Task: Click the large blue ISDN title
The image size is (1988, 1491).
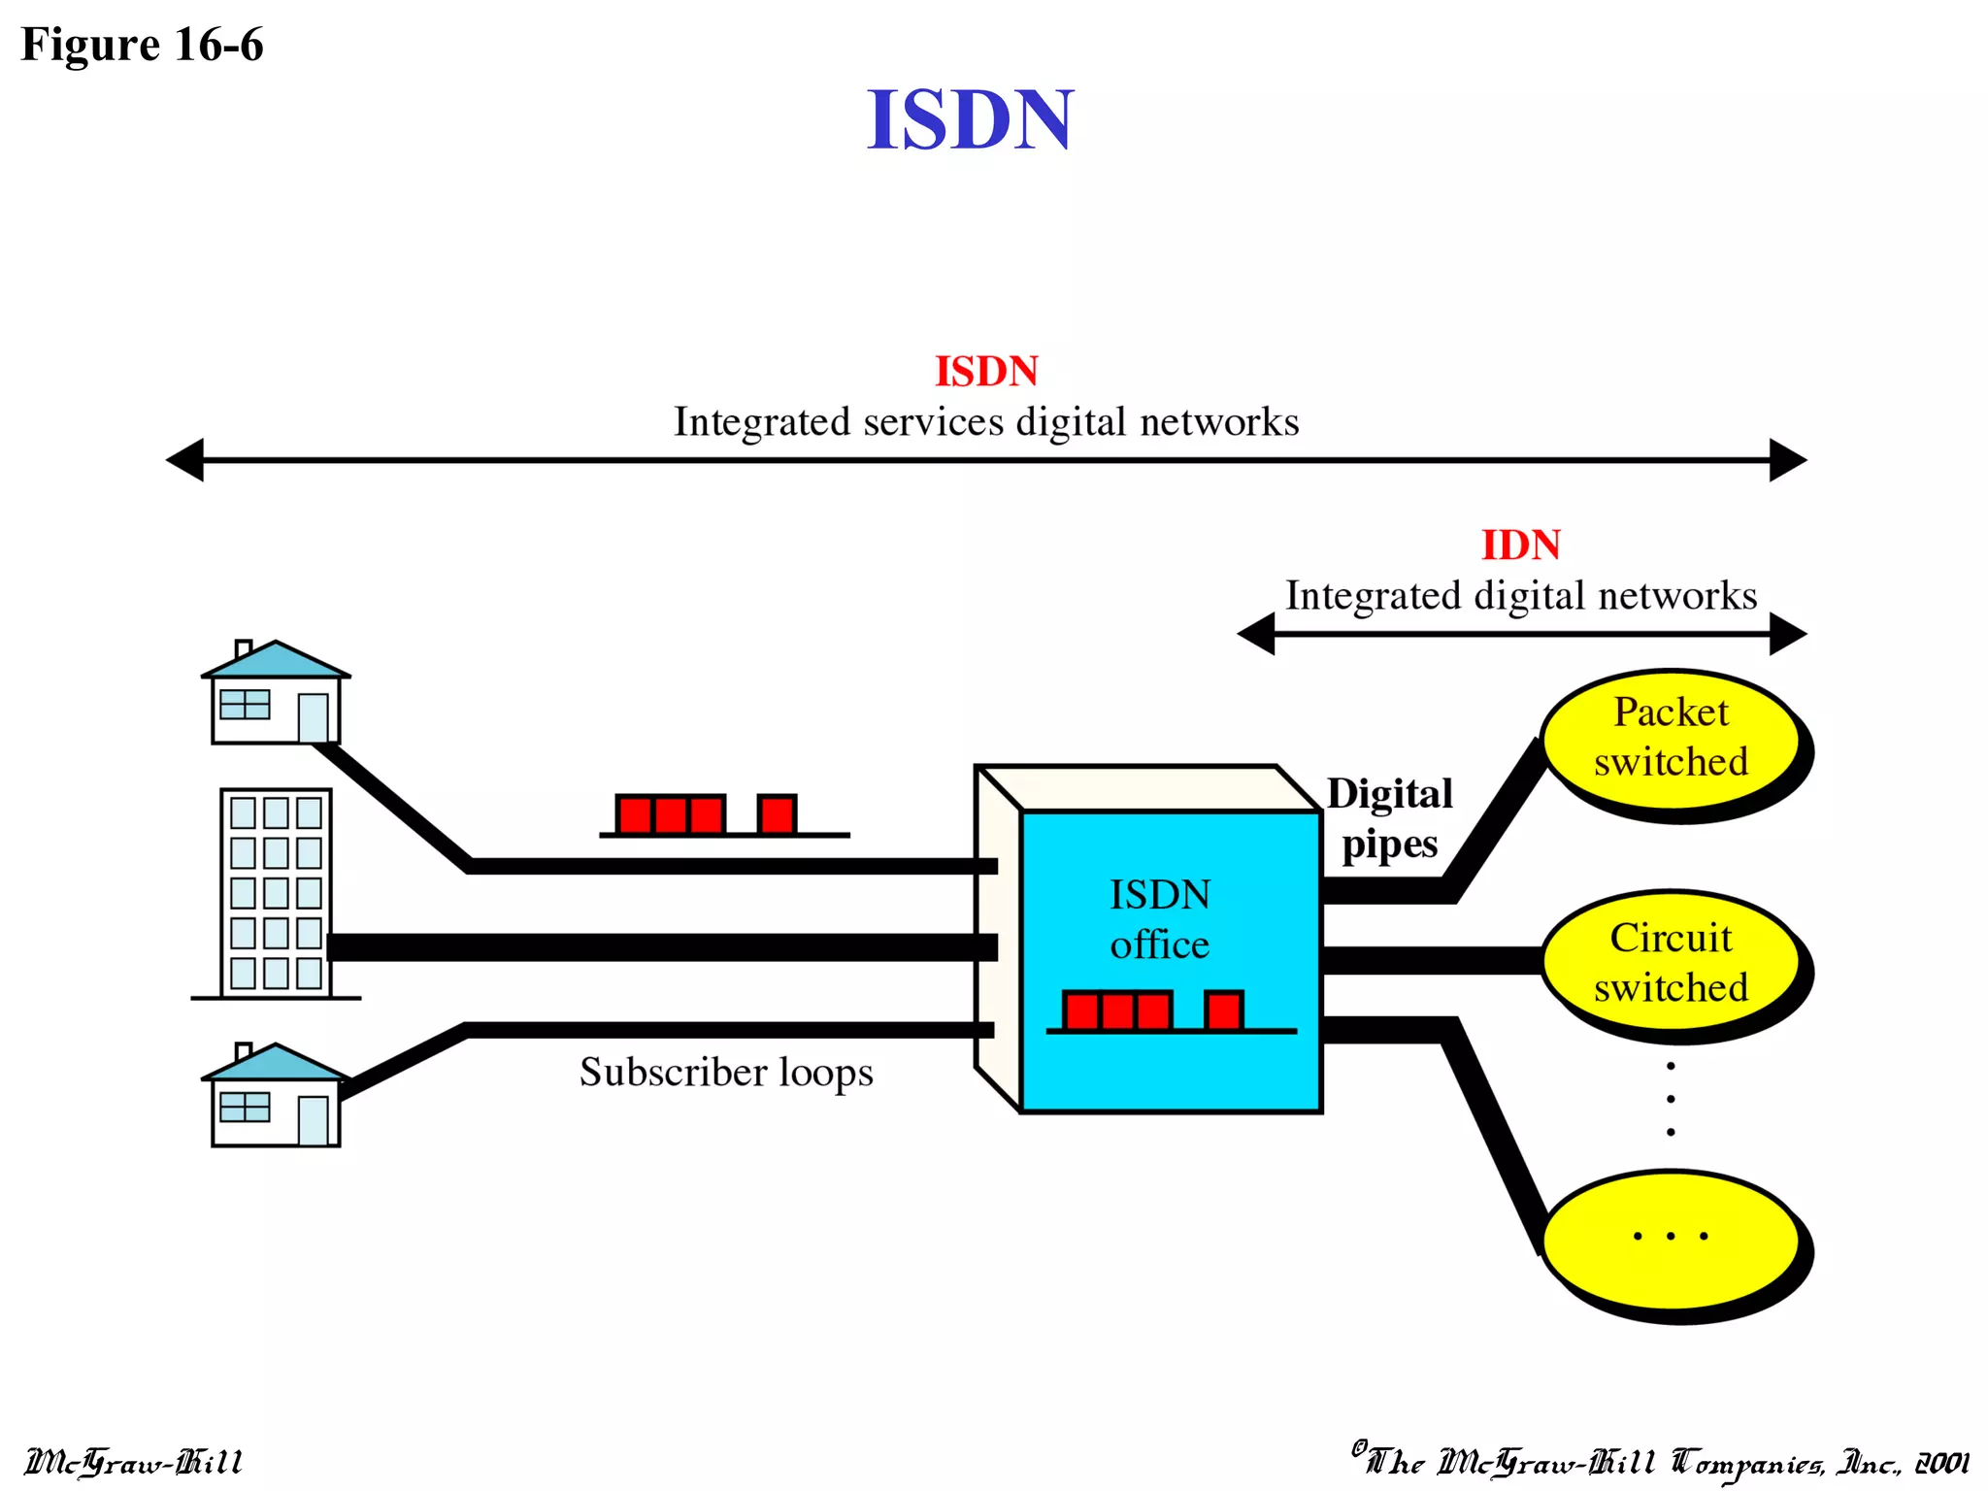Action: [970, 119]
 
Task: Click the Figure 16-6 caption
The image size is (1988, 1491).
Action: [142, 45]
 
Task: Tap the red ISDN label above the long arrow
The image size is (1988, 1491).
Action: [986, 372]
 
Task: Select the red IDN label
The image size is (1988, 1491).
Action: [1520, 546]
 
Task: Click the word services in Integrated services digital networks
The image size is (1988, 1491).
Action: [933, 422]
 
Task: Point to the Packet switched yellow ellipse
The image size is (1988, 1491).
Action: [1671, 739]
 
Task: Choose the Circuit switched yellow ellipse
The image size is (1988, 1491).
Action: [1671, 962]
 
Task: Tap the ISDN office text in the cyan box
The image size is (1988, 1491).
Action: [1160, 919]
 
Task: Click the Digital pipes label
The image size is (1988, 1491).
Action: [1389, 818]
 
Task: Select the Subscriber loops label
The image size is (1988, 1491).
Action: [726, 1073]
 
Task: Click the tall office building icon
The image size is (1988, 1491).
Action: [276, 893]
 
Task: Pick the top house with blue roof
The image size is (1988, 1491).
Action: [276, 693]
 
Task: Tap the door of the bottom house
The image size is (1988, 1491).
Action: [313, 1120]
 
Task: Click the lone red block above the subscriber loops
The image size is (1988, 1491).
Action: [777, 814]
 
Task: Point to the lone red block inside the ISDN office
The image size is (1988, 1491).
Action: [1223, 1011]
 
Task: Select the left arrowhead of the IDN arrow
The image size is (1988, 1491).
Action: [1257, 634]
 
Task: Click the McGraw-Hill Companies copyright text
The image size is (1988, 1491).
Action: [1660, 1462]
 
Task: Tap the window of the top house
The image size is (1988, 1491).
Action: [245, 705]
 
